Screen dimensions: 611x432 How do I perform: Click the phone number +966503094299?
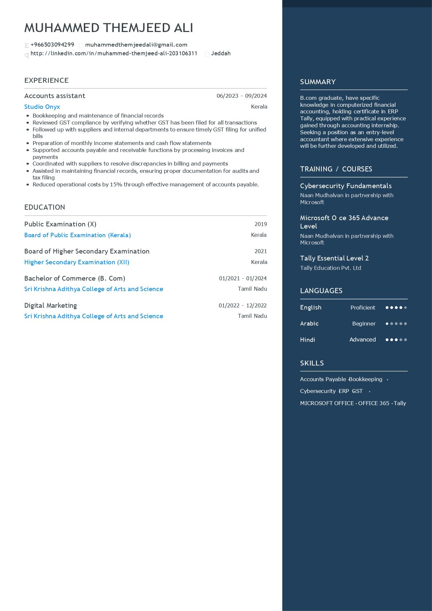(52, 45)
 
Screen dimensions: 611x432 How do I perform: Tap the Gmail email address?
(136, 45)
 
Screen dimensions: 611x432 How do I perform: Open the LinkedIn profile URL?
(114, 54)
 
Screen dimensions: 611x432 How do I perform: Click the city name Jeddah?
(221, 54)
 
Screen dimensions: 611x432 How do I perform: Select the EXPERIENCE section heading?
(46, 80)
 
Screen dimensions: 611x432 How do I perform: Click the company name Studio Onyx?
(42, 107)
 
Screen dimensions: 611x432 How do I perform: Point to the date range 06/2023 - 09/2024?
(241, 96)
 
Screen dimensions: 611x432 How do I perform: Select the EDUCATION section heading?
(45, 207)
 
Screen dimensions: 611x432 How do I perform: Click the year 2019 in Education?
(261, 224)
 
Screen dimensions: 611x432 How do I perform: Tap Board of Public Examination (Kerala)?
(78, 235)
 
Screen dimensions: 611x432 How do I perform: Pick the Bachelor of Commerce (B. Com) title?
(75, 278)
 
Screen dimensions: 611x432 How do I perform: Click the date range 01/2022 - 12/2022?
(242, 306)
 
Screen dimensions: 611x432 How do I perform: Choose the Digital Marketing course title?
(50, 305)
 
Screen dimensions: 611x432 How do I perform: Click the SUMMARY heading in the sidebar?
(318, 82)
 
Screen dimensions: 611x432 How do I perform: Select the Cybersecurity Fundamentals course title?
(346, 186)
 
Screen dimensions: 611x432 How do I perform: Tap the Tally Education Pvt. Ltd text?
(330, 268)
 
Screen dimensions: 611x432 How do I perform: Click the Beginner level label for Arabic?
(363, 324)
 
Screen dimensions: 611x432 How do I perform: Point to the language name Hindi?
(307, 340)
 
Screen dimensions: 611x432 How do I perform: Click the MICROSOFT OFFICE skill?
(327, 403)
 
